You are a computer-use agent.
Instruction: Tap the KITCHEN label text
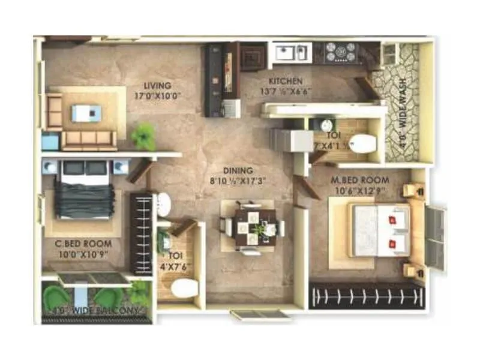coord(286,81)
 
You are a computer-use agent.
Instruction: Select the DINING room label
coord(238,170)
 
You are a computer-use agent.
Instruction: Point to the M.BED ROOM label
coord(360,180)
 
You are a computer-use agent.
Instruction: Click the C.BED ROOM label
coord(88,244)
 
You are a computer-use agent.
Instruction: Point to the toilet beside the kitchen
coord(362,143)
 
